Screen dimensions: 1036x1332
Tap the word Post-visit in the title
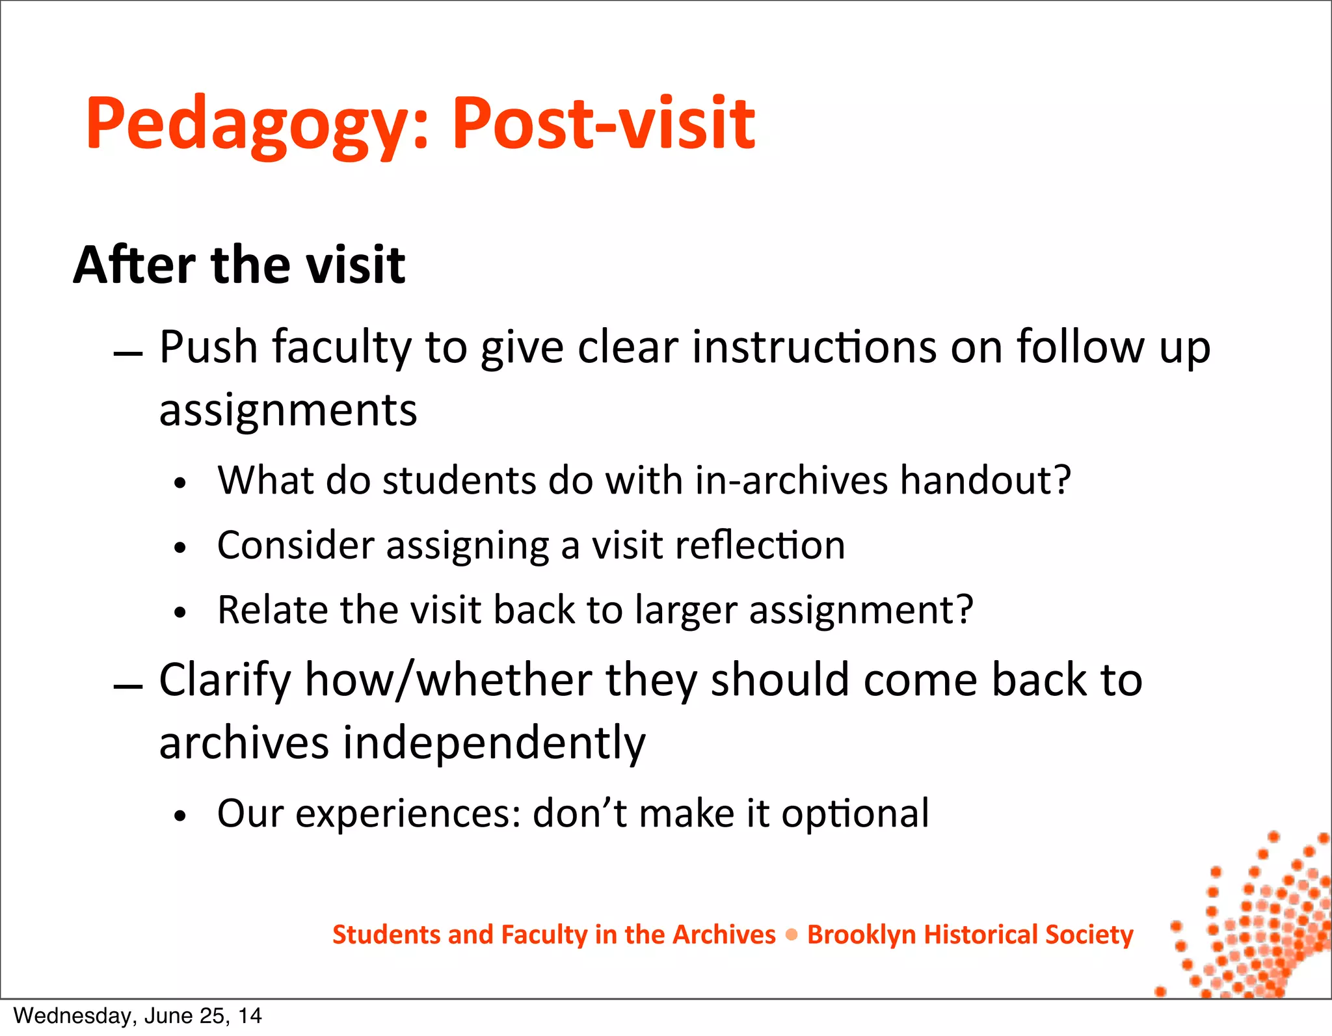point(603,123)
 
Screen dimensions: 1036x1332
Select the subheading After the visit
point(239,265)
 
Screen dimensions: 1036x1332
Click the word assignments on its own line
point(288,410)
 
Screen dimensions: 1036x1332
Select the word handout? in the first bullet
point(985,481)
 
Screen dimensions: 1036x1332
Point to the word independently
point(494,743)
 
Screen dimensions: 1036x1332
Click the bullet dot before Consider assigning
point(180,548)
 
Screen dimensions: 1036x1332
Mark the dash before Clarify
point(127,687)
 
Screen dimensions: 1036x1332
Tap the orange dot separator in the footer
point(792,935)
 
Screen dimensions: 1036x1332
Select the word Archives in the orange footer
point(724,935)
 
